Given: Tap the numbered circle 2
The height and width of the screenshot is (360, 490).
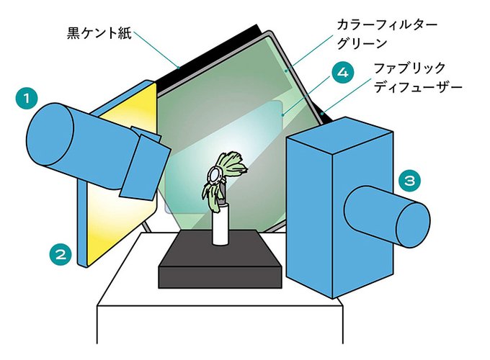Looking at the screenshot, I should [61, 253].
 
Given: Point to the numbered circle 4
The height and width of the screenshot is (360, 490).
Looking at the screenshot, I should [344, 73].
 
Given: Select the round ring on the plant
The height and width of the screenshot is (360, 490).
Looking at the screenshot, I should [215, 174].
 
